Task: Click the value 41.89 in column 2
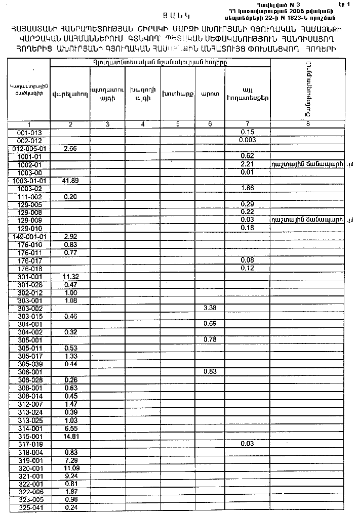tap(61, 181)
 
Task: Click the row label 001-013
tap(29, 132)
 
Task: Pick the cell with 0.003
tap(247, 140)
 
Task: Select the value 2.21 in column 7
tap(247, 164)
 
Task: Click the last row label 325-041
tap(29, 507)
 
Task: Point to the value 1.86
tap(247, 188)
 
